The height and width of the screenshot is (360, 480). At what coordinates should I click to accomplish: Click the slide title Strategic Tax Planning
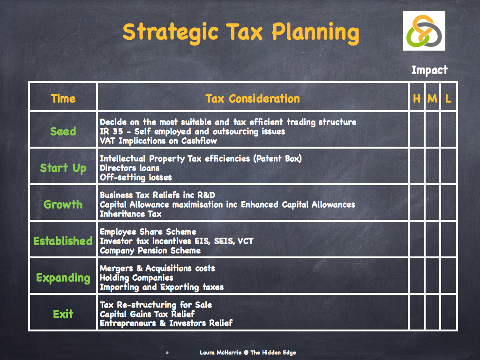click(x=240, y=32)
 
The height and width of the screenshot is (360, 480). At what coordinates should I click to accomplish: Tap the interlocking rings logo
click(x=424, y=31)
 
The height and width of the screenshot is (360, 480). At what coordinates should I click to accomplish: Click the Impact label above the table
click(x=429, y=70)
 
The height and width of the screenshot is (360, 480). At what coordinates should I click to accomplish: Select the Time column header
click(x=63, y=98)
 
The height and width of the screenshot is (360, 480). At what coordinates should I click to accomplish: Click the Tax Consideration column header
click(x=253, y=98)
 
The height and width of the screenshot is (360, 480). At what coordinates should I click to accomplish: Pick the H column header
click(x=417, y=98)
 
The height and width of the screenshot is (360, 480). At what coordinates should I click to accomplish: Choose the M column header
click(x=432, y=98)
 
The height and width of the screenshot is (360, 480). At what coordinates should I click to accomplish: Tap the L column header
click(x=449, y=98)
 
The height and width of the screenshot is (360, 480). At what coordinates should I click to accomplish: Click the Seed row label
click(x=63, y=131)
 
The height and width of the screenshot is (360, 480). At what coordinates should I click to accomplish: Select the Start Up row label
click(x=63, y=168)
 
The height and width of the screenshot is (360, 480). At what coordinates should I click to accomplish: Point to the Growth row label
click(x=63, y=204)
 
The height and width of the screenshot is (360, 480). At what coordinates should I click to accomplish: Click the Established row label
click(x=63, y=241)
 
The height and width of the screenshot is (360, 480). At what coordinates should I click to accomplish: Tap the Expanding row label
click(x=63, y=277)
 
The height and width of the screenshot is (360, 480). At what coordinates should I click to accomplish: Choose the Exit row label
click(x=63, y=314)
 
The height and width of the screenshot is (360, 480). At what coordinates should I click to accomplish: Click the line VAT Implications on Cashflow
click(x=158, y=141)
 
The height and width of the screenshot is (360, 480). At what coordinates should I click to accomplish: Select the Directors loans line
click(x=130, y=168)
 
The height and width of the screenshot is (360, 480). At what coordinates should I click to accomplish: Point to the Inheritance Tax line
click(x=131, y=214)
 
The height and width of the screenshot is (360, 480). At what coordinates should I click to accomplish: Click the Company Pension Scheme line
click(x=150, y=250)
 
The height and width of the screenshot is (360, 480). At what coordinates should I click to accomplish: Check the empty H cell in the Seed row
click(x=417, y=130)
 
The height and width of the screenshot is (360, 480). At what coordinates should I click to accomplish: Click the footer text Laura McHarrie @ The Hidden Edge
click(x=247, y=352)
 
